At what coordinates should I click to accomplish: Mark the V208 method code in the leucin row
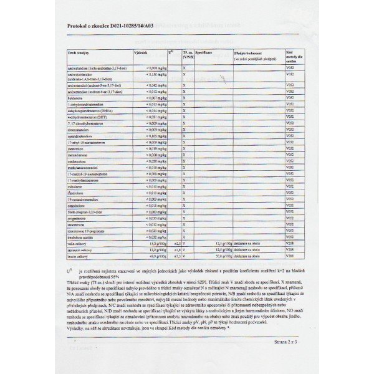[x=289, y=256]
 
